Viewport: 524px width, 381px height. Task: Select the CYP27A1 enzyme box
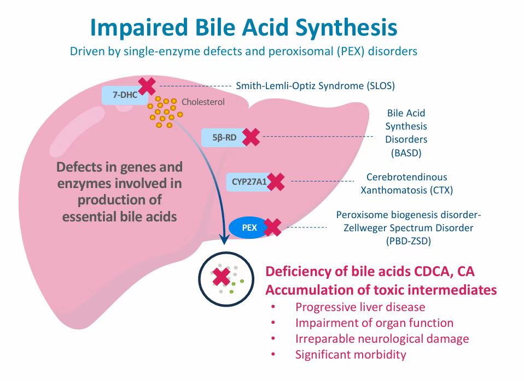248,181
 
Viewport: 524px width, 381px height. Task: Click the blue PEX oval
249,227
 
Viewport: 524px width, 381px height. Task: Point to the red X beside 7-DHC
147,86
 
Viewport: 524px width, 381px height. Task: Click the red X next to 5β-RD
251,137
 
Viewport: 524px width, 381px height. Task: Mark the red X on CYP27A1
276,181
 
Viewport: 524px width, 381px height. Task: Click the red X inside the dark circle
221,277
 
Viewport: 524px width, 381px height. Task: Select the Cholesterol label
203,102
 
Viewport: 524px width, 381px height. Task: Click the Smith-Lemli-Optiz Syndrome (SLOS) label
315,86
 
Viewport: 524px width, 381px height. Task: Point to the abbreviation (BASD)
406,153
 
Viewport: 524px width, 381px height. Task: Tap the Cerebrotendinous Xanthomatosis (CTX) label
406,184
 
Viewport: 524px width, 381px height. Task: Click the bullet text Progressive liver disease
360,307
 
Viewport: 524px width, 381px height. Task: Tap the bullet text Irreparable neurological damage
382,339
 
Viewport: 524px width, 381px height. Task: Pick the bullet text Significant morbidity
351,355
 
